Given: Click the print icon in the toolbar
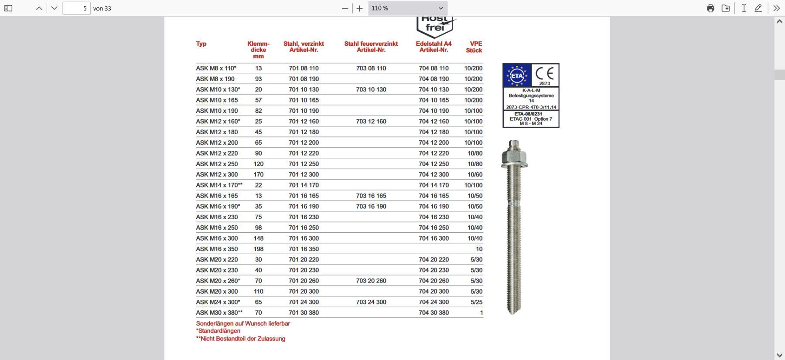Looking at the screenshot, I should [710, 8].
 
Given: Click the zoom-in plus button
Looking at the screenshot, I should [359, 8].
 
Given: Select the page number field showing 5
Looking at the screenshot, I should [76, 8].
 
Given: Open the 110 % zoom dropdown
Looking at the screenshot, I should [407, 8].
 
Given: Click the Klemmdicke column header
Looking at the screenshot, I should [258, 50].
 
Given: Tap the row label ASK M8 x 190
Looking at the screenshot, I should [215, 79].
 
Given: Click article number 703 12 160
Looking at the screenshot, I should [371, 121].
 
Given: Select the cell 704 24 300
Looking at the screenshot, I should [433, 302].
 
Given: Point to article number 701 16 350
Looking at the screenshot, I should [304, 249].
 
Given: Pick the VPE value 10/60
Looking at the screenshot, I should [475, 174].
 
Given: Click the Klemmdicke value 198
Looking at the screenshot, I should [258, 249].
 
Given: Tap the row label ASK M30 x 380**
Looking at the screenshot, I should [219, 312].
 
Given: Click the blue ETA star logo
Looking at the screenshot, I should [517, 75].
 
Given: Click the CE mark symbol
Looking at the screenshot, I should [545, 73].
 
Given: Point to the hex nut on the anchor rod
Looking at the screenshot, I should [514, 155].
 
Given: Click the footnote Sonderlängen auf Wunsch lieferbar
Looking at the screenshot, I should [243, 323].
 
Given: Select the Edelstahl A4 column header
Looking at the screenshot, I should [433, 47].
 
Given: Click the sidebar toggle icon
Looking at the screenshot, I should [8, 8].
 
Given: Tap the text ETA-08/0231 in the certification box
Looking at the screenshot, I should [531, 114].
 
